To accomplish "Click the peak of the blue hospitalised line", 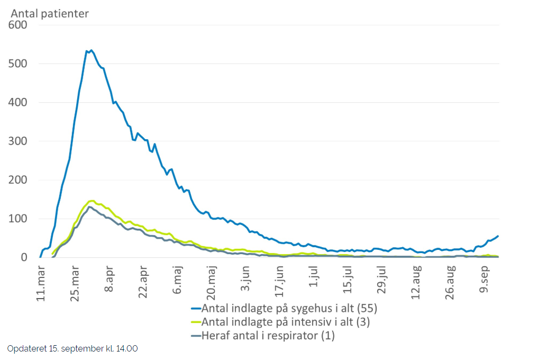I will coord(91,50).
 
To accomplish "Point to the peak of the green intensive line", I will coord(92,201).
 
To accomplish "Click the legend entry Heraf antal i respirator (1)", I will coord(263,335).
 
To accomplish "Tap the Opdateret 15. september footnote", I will coord(72,348).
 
